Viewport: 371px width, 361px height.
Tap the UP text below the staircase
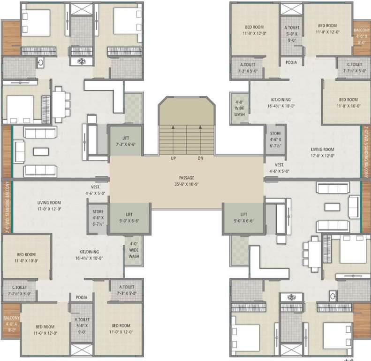[x=173, y=158]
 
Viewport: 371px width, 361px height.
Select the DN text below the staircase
[x=200, y=158]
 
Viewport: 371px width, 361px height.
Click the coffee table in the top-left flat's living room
[x=40, y=151]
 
